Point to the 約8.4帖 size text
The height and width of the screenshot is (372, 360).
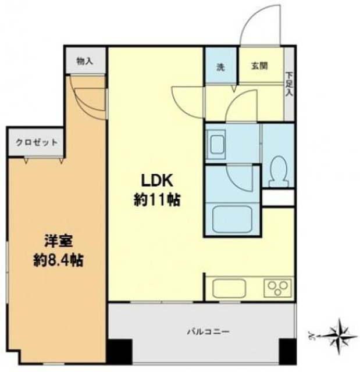click(x=56, y=260)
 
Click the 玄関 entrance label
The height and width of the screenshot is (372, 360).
click(x=259, y=67)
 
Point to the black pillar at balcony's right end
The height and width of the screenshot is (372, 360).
click(x=287, y=350)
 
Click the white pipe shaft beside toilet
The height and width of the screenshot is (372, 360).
click(x=277, y=198)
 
